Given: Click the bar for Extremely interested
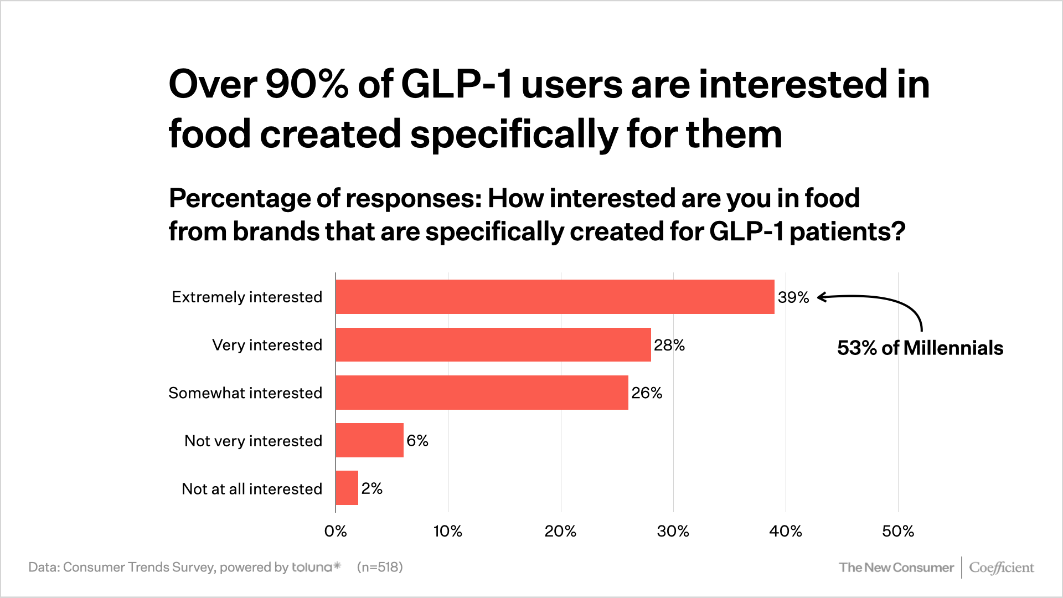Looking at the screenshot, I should pyautogui.click(x=555, y=297).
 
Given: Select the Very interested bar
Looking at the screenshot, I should pyautogui.click(x=493, y=344).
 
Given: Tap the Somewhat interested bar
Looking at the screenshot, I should pyautogui.click(x=482, y=393).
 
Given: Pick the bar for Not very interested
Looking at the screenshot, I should pyautogui.click(x=369, y=440).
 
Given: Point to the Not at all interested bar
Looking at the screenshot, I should pyautogui.click(x=347, y=488).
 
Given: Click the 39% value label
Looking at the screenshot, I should pyautogui.click(x=793, y=297).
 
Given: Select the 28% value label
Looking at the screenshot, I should pyautogui.click(x=669, y=345).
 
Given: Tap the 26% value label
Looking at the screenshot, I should pyautogui.click(x=647, y=393).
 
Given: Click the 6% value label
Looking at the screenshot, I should pyautogui.click(x=417, y=441).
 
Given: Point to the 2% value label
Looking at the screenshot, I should pyautogui.click(x=371, y=488).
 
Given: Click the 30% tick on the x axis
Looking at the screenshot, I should pyautogui.click(x=673, y=532).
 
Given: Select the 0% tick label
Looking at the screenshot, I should pyautogui.click(x=336, y=532).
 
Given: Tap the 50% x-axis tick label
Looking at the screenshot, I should pyautogui.click(x=897, y=532).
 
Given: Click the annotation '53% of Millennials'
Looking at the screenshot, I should pyautogui.click(x=920, y=348).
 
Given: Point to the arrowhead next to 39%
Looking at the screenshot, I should pyautogui.click(x=821, y=297).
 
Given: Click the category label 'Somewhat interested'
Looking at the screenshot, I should pyautogui.click(x=245, y=393).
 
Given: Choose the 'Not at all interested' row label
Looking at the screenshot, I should pyautogui.click(x=252, y=489).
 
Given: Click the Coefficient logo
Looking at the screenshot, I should pyautogui.click(x=1001, y=568).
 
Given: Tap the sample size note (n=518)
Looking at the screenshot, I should pyautogui.click(x=380, y=567).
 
